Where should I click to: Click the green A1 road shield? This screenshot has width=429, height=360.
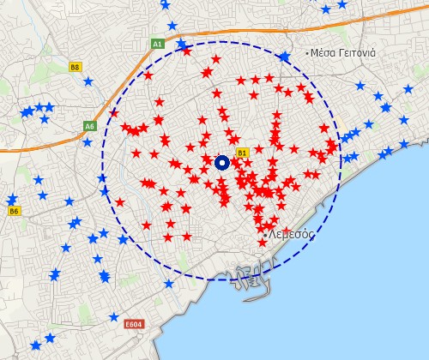(157, 43)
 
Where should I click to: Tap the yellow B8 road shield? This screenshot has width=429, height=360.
(76, 67)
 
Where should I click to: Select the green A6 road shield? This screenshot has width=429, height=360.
(90, 126)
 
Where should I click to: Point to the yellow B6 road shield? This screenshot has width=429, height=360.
(13, 210)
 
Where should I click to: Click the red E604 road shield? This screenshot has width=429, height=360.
(133, 325)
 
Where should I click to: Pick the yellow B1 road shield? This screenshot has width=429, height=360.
(242, 153)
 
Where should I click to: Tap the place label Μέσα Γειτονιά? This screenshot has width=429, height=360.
(344, 53)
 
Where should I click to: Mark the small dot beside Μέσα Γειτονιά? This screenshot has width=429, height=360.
(307, 53)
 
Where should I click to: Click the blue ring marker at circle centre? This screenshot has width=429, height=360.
(221, 162)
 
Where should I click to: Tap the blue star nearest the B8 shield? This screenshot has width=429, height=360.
(88, 82)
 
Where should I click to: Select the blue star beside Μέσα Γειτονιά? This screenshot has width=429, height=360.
(284, 57)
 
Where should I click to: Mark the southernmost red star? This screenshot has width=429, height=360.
(263, 243)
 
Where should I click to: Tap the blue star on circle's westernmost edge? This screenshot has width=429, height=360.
(103, 180)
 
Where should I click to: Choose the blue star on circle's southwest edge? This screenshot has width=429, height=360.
(123, 239)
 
